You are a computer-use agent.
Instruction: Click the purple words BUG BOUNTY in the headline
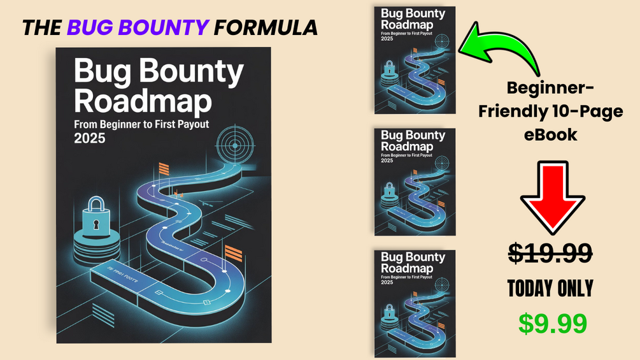[138, 27]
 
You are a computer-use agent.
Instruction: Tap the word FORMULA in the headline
[266, 27]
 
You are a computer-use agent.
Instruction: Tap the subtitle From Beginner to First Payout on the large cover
[141, 125]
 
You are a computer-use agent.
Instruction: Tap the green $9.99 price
[551, 323]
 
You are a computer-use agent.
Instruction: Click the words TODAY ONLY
[550, 289]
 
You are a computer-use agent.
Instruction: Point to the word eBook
[550, 134]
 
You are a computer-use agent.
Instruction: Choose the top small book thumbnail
[415, 60]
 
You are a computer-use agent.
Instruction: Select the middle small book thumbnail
[415, 182]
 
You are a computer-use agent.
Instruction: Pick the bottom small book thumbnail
[415, 303]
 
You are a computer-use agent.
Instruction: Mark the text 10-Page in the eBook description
[585, 112]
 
